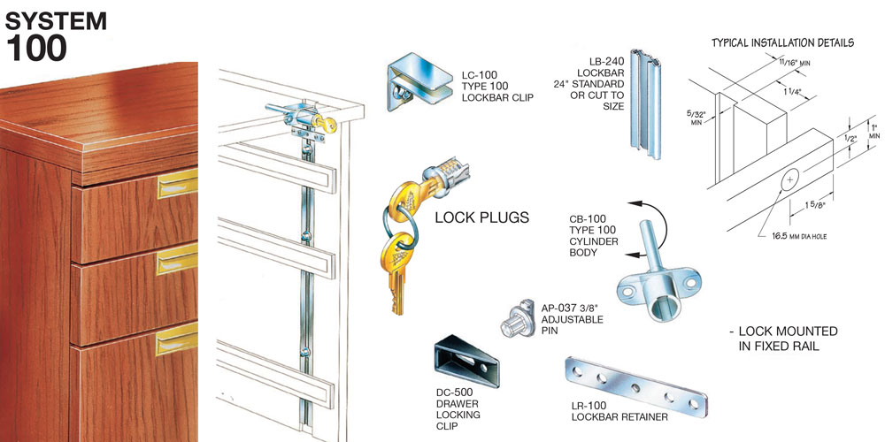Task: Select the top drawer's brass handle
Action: [x=177, y=187]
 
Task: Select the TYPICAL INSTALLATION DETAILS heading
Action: [x=783, y=42]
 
